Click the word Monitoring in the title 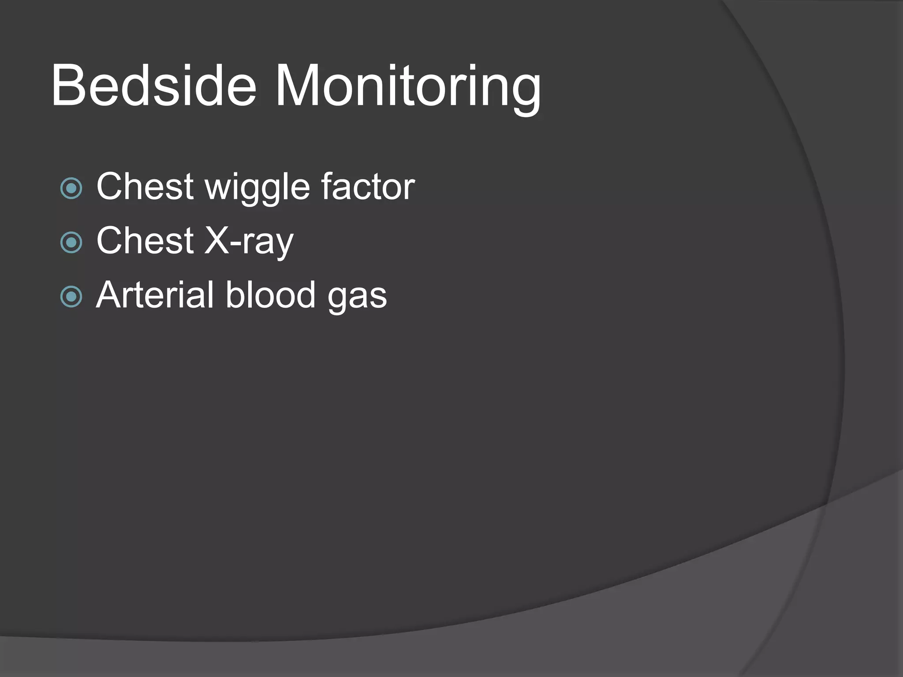point(407,86)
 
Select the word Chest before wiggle point(145,186)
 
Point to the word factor point(368,186)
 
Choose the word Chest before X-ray point(145,241)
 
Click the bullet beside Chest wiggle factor point(71,188)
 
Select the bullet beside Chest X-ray point(71,242)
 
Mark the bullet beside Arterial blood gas point(71,297)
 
